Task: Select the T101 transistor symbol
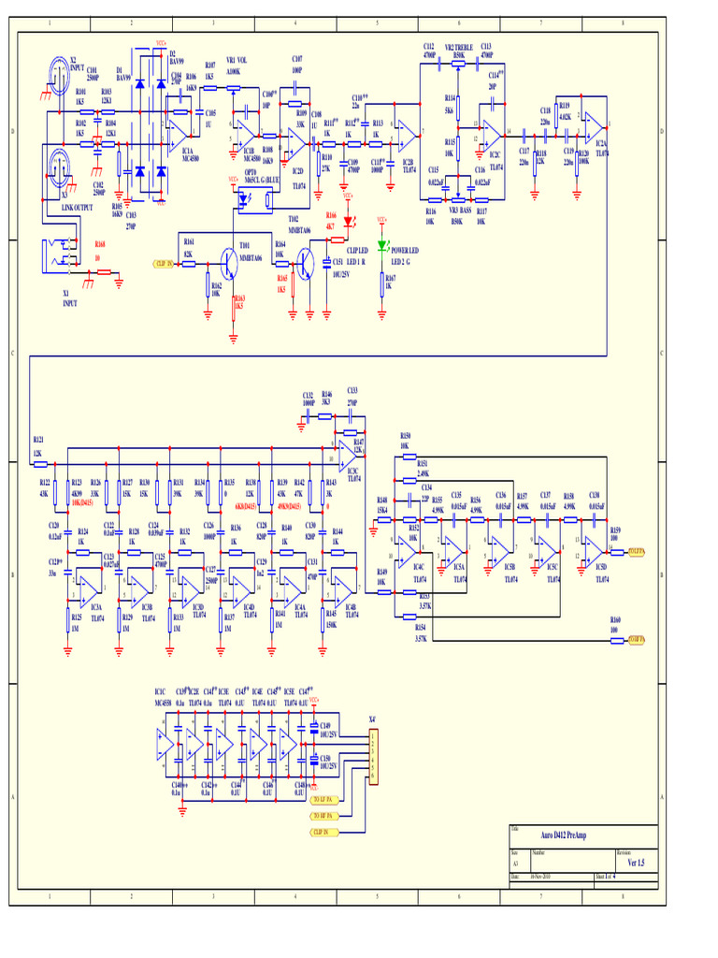tap(231, 263)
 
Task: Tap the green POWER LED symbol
tap(381, 246)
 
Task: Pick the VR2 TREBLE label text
tap(458, 46)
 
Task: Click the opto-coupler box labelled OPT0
tap(254, 197)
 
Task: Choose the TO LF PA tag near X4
tap(324, 800)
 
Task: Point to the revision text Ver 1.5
tap(636, 862)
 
